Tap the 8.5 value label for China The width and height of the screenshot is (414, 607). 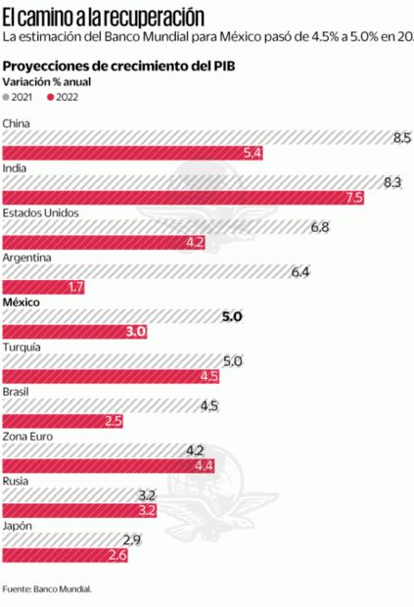coord(401,138)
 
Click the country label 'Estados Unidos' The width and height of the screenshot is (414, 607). coord(41,213)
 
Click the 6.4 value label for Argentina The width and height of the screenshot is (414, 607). coord(300,271)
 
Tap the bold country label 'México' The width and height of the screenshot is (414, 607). coord(22,303)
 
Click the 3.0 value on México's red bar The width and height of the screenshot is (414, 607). coord(136,332)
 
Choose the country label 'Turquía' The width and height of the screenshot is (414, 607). coord(23,348)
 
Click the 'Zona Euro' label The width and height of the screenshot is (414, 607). coord(29,437)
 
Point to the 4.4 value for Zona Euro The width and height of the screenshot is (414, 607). coord(204,465)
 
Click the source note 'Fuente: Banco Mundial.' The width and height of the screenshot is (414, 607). coord(47,589)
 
